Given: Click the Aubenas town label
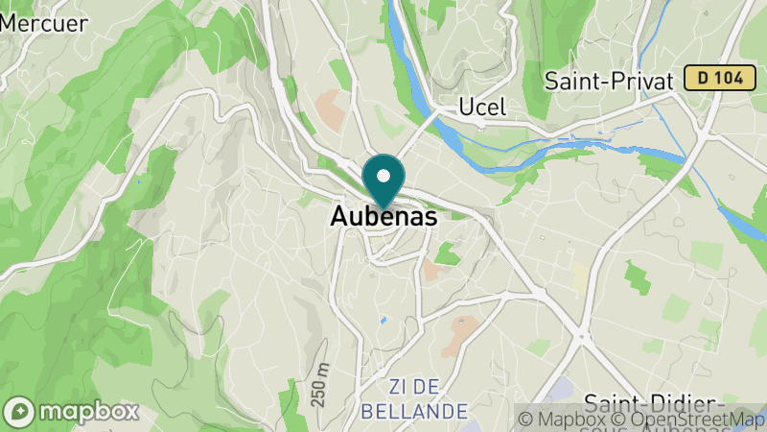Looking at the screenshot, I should click(x=383, y=217).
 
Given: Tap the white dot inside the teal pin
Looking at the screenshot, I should click(x=384, y=176).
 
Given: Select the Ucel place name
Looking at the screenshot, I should click(x=482, y=106).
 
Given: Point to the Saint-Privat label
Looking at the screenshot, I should click(x=609, y=80).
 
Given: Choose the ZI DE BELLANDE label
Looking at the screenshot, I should click(x=415, y=398).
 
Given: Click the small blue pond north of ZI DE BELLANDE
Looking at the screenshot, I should click(x=383, y=320).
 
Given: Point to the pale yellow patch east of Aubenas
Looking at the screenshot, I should click(x=580, y=277).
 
